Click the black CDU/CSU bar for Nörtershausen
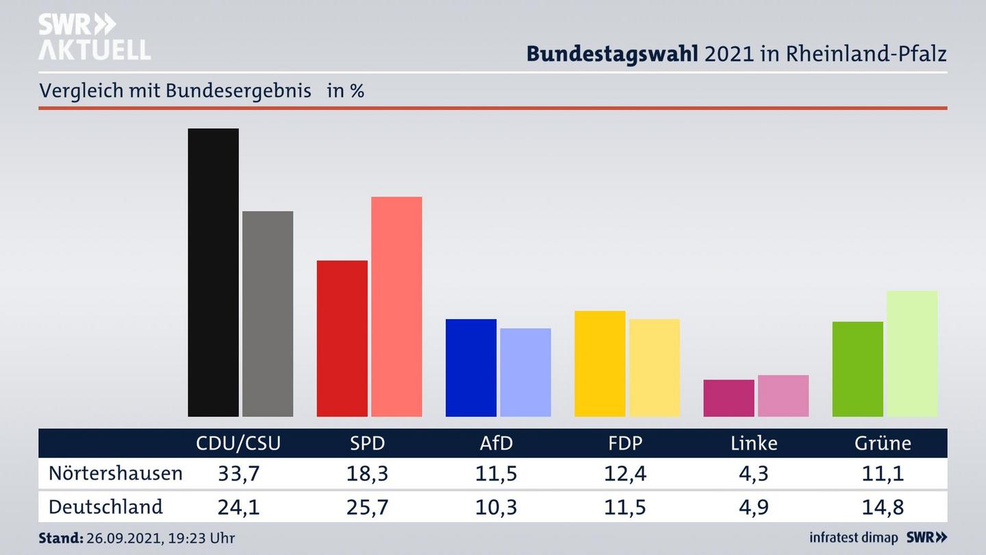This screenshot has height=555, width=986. click(x=213, y=272)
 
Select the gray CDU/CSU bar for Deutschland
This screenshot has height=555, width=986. click(x=268, y=313)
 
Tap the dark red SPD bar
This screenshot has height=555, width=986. click(x=342, y=338)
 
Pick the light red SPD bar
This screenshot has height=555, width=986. click(x=396, y=306)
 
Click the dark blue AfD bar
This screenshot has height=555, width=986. click(x=470, y=367)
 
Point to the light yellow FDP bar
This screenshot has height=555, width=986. click(x=654, y=367)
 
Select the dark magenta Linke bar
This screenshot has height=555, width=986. click(x=729, y=397)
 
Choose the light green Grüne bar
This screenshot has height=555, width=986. click(x=912, y=354)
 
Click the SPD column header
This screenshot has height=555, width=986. click(x=368, y=443)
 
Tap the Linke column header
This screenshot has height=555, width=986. click(x=754, y=443)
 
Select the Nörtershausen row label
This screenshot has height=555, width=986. click(x=115, y=473)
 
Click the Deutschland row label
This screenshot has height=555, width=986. click(x=105, y=507)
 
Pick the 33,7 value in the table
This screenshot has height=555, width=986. click(x=238, y=473)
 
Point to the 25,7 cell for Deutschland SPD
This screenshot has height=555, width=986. click(x=368, y=508)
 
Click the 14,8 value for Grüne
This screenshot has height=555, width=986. click(x=883, y=508)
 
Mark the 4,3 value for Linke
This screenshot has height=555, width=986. click(x=754, y=473)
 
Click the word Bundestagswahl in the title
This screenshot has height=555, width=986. click(x=612, y=54)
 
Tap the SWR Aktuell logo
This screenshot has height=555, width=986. click(x=94, y=37)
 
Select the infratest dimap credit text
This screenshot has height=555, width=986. click(x=853, y=538)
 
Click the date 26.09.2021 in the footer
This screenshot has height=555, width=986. click(x=124, y=539)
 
